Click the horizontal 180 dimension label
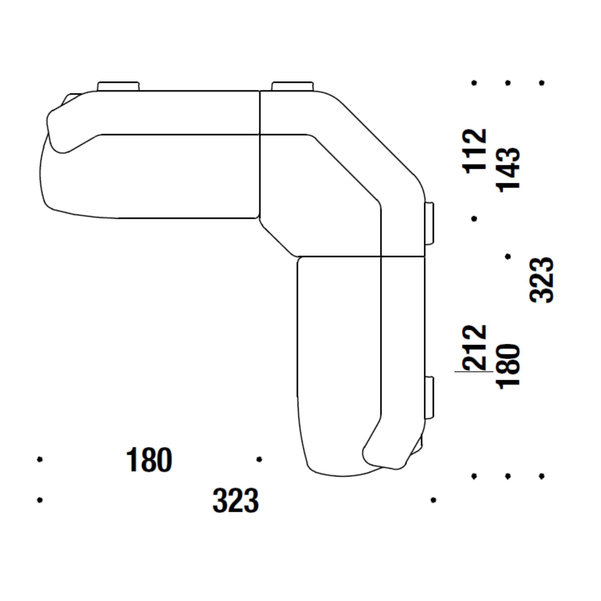click(149, 460)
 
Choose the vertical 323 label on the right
click(542, 280)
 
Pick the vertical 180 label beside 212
click(508, 366)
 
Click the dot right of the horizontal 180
click(259, 459)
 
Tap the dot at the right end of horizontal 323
click(433, 500)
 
